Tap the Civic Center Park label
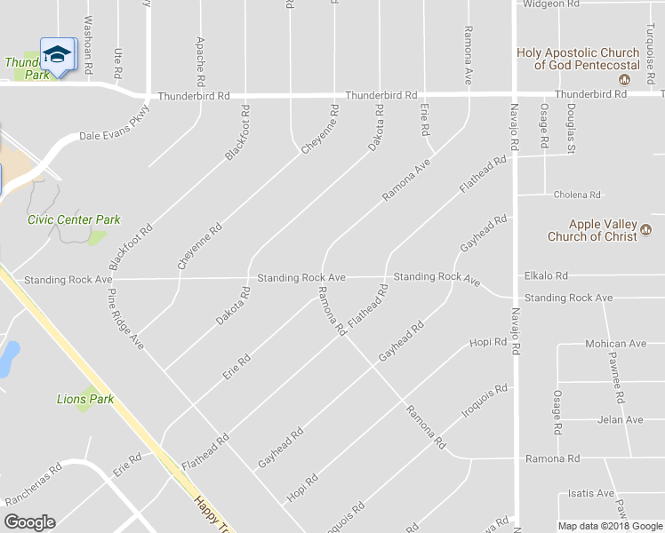pyautogui.click(x=74, y=219)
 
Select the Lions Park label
pyautogui.click(x=85, y=399)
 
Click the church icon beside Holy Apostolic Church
pyautogui.click(x=624, y=79)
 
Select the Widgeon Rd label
pyautogui.click(x=551, y=4)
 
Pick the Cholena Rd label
pyautogui.click(x=577, y=195)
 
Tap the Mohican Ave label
pyautogui.click(x=615, y=343)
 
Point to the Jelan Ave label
pyautogui.click(x=621, y=419)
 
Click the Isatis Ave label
pyautogui.click(x=591, y=493)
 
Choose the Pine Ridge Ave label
pyautogui.click(x=124, y=316)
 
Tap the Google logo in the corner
pyautogui.click(x=29, y=522)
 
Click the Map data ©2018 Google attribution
pyautogui.click(x=609, y=526)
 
